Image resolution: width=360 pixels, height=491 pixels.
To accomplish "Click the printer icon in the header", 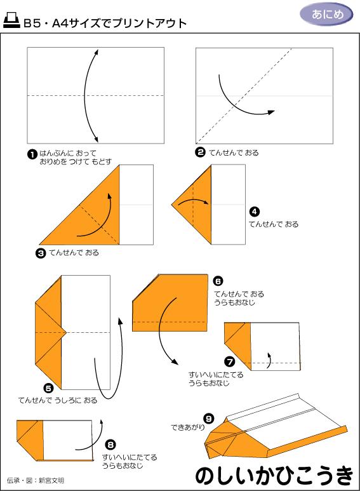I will (11, 23).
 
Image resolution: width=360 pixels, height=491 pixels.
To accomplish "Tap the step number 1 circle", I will (31, 154).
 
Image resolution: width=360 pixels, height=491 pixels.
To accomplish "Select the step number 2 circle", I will (200, 152).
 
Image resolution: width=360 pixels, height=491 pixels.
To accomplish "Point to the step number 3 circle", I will (41, 253).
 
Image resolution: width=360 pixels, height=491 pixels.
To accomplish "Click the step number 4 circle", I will (254, 212).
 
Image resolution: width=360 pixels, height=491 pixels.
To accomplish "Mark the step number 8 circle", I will (111, 445).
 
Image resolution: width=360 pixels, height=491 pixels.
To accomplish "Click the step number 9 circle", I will (209, 417).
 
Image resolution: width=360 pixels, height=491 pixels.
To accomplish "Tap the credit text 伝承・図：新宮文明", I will (36, 480).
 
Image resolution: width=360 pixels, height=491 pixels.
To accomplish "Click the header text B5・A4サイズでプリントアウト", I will (105, 24).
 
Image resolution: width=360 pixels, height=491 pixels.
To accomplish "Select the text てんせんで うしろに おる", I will (58, 400).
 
